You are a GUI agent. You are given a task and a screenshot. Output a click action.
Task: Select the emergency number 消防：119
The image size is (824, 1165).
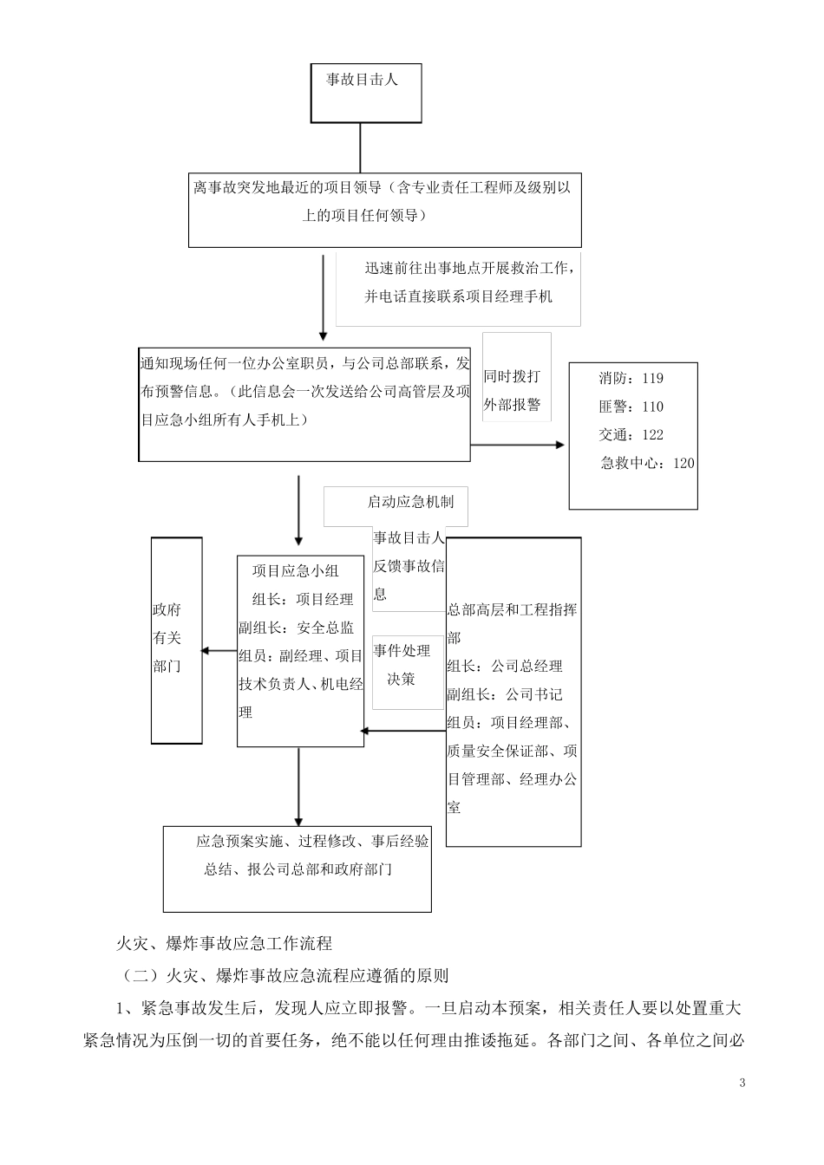coord(631,378)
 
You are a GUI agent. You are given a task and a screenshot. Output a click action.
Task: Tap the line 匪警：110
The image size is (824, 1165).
coord(631,407)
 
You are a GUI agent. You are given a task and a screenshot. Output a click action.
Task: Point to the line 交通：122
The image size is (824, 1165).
coord(631,435)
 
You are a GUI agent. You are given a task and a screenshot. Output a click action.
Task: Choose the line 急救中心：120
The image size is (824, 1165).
coord(647,463)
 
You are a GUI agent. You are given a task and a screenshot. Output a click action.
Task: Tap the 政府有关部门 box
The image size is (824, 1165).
coord(176,640)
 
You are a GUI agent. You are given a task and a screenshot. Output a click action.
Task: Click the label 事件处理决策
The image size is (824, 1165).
coord(402,665)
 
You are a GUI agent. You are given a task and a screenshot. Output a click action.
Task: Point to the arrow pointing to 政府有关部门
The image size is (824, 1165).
coord(219,651)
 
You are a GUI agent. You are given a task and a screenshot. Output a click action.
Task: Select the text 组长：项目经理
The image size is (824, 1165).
coord(303,599)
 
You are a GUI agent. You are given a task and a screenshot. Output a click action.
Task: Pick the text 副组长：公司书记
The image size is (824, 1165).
coord(505,694)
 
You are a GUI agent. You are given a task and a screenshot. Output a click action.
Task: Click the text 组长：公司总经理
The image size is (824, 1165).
coord(505,666)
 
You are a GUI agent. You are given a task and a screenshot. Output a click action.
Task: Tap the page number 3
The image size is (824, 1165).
coord(742,1083)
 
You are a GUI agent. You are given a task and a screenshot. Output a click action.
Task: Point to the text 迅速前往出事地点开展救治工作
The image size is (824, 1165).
coord(468,268)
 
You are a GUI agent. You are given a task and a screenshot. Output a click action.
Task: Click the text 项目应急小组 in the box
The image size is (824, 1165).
coord(296,570)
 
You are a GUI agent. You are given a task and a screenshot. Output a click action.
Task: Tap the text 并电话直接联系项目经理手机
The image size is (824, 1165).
coord(458,296)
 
